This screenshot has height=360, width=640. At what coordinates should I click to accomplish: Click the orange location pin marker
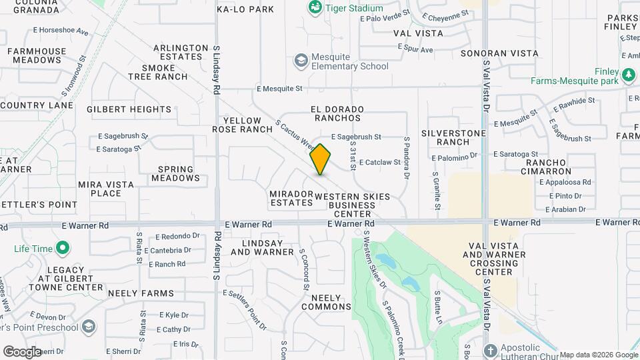[x=321, y=159]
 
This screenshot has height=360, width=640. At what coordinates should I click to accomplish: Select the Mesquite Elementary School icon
[x=301, y=61]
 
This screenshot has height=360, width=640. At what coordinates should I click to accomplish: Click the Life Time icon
[x=63, y=249]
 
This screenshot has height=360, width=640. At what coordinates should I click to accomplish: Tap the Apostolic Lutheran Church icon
[x=490, y=351]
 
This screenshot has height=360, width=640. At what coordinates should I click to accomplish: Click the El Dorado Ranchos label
[x=338, y=113]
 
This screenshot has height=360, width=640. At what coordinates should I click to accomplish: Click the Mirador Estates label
[x=291, y=198]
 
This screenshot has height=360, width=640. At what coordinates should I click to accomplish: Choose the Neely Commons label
[x=326, y=302]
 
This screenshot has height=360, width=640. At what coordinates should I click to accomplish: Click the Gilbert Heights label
[x=129, y=109]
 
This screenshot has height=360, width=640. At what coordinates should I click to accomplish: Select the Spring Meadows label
[x=175, y=174]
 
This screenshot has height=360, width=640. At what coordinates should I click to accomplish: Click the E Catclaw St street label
[x=380, y=162]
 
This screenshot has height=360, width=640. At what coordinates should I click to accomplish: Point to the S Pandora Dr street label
[x=406, y=158]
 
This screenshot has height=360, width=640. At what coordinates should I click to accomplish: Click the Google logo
[x=22, y=351]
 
